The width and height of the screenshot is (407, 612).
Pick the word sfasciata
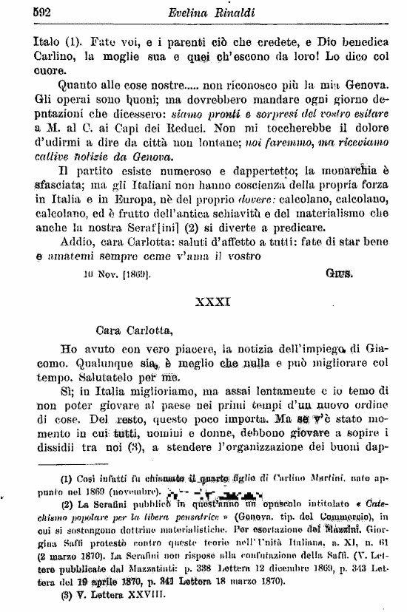pyautogui.click(x=40, y=187)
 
